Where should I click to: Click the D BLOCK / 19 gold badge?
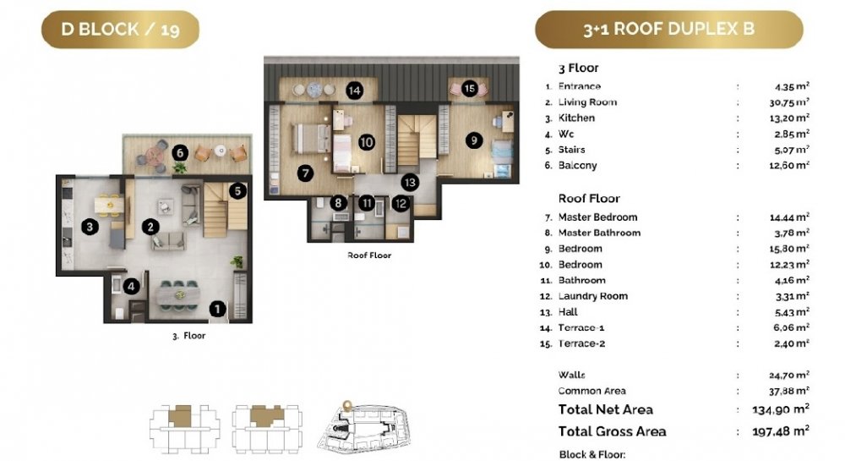tap(120, 29)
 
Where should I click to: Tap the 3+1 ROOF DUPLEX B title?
tap(668, 29)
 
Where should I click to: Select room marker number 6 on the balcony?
tap(180, 153)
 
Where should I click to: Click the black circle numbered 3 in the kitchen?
tap(90, 227)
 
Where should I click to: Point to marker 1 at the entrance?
tap(217, 309)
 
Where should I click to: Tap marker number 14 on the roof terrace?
tap(354, 91)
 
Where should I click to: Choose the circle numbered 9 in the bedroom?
tap(474, 140)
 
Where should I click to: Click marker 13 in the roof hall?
tap(410, 182)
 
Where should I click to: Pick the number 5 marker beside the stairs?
tap(237, 190)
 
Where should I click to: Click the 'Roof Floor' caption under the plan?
tap(369, 255)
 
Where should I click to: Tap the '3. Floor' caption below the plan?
tap(189, 335)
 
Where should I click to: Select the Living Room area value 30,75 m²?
tap(789, 102)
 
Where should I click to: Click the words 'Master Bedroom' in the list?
tap(597, 217)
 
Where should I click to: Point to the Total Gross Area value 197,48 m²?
tap(781, 431)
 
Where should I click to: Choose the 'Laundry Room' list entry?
tap(593, 296)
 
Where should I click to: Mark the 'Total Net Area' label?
tap(606, 409)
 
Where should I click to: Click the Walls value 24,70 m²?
tap(789, 375)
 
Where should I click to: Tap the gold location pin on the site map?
tap(347, 405)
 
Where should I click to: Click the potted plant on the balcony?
tap(179, 167)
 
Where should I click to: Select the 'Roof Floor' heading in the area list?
tap(589, 199)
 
